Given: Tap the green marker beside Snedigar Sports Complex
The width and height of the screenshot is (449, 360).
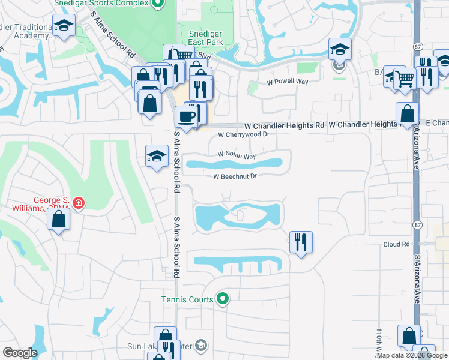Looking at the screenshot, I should (x=158, y=5).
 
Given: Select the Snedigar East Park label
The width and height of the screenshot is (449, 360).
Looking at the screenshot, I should (x=206, y=38).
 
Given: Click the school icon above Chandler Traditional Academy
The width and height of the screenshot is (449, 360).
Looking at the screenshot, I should (x=62, y=26).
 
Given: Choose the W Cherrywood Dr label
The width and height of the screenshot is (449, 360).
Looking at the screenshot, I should (x=244, y=135).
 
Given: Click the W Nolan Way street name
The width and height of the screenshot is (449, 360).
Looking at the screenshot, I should (x=237, y=155).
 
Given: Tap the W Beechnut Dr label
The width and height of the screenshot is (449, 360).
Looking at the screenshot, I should (x=235, y=176).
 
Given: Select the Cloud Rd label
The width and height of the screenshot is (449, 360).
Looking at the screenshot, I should (x=396, y=245).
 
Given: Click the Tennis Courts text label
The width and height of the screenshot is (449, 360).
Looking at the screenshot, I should (x=187, y=299).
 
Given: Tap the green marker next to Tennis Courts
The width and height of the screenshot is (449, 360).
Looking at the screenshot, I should (x=223, y=298).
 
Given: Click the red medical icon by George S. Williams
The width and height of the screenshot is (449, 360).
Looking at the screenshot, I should (x=77, y=204).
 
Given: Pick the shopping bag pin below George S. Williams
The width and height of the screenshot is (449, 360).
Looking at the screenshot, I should (x=59, y=219).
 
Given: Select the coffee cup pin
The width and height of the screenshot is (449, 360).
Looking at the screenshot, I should (x=186, y=116).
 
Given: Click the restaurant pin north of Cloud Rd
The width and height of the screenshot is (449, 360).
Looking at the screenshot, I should (x=300, y=242).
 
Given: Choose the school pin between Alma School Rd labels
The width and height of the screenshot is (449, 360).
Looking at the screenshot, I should (x=157, y=157).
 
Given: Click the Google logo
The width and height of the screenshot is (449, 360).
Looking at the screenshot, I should (x=20, y=353).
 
